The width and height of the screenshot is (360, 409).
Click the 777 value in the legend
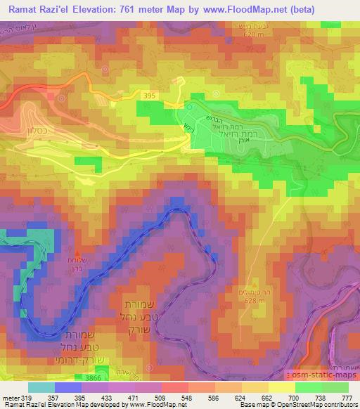point(347,397)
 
